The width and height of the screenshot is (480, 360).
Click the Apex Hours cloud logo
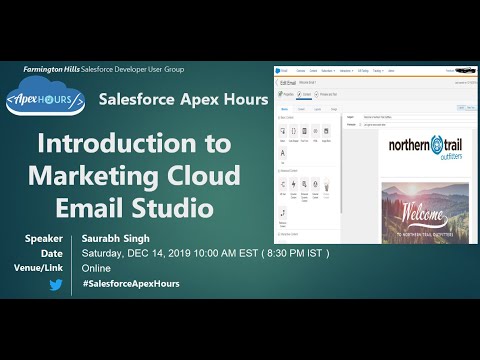pyautogui.click(x=49, y=100)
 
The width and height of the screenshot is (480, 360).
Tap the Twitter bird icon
pyautogui.click(x=56, y=285)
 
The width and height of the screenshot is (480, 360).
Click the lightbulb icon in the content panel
pyautogui.click(x=327, y=185)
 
